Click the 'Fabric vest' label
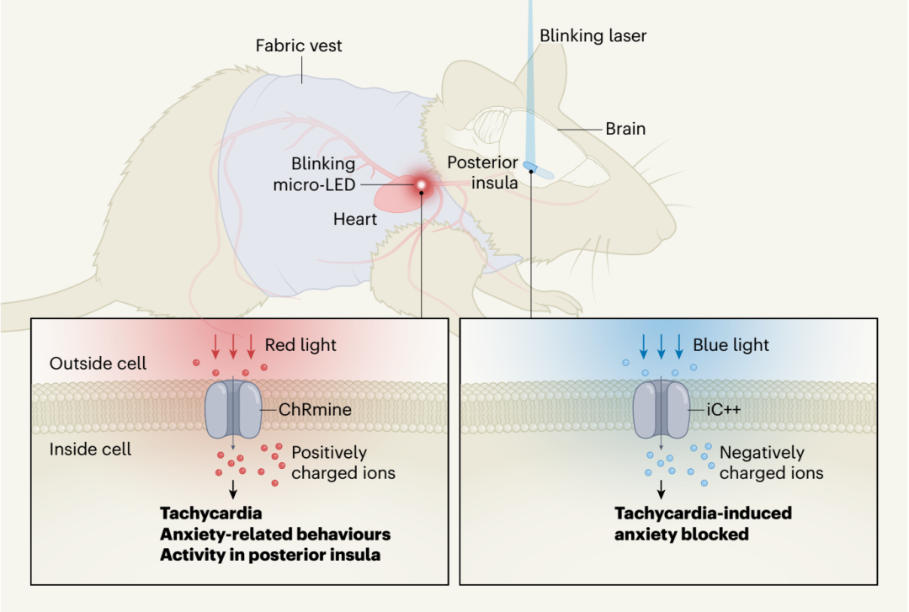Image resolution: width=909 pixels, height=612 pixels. (x=299, y=45)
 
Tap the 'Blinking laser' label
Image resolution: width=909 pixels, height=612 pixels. (x=593, y=35)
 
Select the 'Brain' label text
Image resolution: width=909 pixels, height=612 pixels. (x=625, y=130)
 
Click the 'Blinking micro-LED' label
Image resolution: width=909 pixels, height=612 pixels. (x=314, y=173)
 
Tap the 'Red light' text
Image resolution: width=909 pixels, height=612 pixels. (x=300, y=345)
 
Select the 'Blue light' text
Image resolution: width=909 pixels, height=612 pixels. (x=731, y=345)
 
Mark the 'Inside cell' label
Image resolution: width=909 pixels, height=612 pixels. (x=90, y=449)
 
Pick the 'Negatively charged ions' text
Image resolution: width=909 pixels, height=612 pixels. (x=771, y=463)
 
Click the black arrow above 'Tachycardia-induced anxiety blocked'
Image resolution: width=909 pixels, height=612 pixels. (x=662, y=489)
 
